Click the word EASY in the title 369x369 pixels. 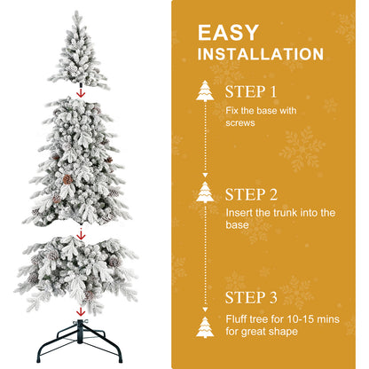tap(229, 33)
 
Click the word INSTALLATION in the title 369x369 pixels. tap(260, 54)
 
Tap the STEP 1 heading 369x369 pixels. tap(252, 91)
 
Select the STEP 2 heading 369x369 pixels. tap(252, 194)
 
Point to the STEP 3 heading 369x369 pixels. tap(252, 298)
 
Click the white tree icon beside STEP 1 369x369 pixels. tap(205, 91)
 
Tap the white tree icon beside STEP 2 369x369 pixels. tap(205, 194)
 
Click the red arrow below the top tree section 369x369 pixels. tap(81, 90)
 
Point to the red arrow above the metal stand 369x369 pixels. tap(81, 311)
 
